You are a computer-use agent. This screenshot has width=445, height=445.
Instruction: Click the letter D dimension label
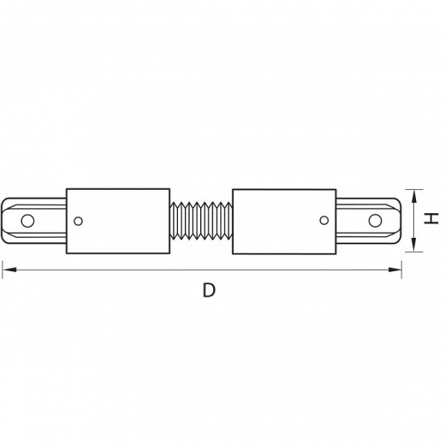coord(209,290)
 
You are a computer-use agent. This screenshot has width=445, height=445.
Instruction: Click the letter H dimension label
coord(430,218)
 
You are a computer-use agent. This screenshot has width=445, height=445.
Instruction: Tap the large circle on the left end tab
coord(27,221)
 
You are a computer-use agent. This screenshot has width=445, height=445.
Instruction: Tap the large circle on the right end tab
coord(375,221)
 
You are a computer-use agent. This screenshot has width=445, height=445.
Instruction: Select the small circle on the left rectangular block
coord(78,221)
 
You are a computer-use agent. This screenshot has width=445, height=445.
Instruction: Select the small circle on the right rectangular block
coord(324,220)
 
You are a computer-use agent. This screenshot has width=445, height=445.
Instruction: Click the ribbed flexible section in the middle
coord(201,221)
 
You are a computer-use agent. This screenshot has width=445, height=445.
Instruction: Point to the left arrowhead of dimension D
coord(9,270)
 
